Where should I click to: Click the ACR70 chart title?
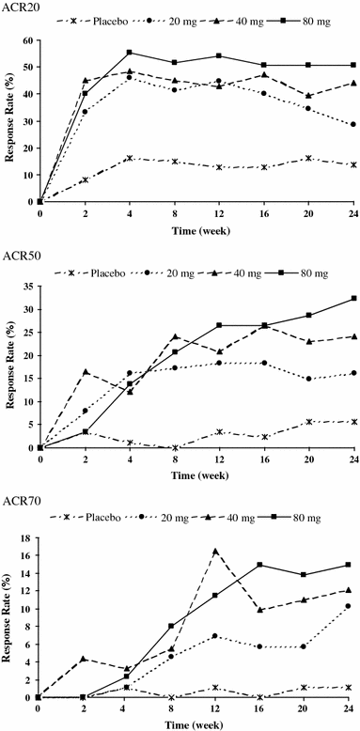pyautogui.click(x=20, y=501)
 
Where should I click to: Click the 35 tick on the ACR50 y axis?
pyautogui.click(x=29, y=286)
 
